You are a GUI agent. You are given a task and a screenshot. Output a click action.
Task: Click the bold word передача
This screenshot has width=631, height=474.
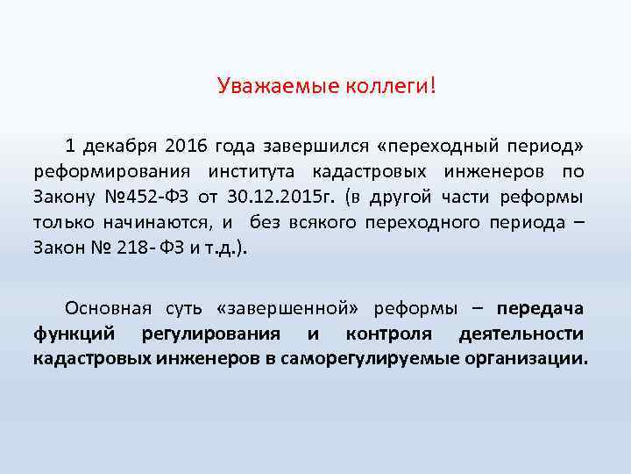[x=541, y=308]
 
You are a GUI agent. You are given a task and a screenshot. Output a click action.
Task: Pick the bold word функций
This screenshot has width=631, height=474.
[x=74, y=334]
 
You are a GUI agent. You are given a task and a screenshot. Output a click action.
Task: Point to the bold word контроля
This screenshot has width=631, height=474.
[x=388, y=334]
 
